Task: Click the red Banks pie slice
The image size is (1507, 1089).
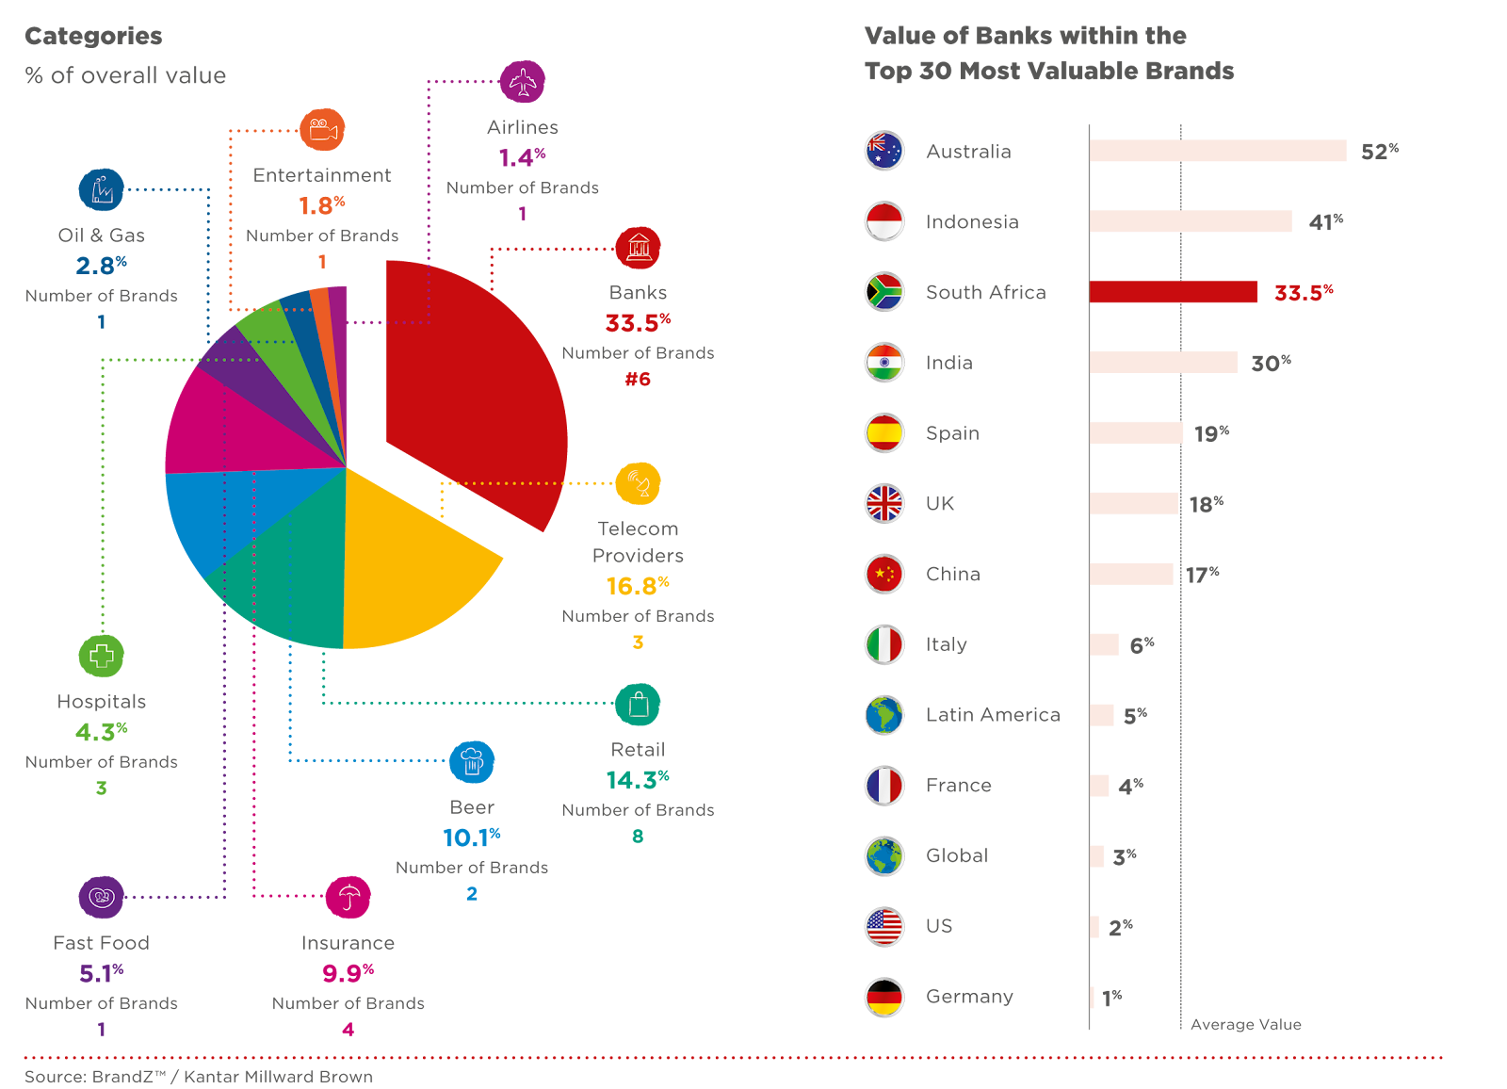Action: tap(471, 386)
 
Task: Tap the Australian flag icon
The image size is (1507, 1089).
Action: tap(884, 151)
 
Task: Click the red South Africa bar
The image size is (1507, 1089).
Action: tap(1173, 292)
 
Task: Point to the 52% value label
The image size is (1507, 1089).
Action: tap(1379, 152)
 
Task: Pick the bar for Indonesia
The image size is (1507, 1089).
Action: tap(1190, 221)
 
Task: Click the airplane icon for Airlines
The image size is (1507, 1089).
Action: tap(522, 82)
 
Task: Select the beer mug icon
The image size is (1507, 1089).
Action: tap(472, 762)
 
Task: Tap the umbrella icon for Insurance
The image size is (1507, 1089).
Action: tap(348, 898)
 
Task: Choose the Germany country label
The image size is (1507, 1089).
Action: tap(969, 997)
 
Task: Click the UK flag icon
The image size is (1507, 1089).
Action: tap(884, 503)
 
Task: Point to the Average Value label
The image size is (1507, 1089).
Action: tap(1245, 1025)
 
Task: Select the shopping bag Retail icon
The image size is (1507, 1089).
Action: tap(638, 705)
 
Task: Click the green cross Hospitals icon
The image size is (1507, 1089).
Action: tap(102, 656)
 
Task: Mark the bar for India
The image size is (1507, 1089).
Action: tap(1163, 363)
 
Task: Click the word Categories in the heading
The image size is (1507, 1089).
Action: tap(93, 36)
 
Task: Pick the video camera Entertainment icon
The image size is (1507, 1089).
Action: tap(322, 130)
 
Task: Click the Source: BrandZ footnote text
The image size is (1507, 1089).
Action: tap(198, 1077)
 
